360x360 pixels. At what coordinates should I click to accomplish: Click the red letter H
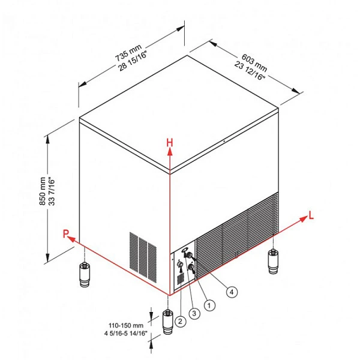click(x=169, y=143)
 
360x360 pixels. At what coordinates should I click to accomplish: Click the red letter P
click(x=65, y=234)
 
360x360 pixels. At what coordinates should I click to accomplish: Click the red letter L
click(x=311, y=215)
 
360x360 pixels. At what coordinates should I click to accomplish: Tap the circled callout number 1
click(x=209, y=305)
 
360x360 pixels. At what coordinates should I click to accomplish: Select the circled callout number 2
click(x=181, y=321)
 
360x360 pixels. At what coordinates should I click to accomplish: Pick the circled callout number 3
click(x=194, y=313)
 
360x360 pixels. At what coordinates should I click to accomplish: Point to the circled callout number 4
click(x=232, y=292)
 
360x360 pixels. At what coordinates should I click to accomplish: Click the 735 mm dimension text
click(x=128, y=53)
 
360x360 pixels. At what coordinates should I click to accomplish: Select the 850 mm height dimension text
click(x=43, y=191)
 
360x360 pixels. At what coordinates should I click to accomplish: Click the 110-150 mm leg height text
click(x=126, y=325)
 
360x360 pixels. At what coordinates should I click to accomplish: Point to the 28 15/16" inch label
click(x=133, y=61)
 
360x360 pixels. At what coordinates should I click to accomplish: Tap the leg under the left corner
click(x=85, y=274)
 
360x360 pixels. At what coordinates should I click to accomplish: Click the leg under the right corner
click(x=273, y=262)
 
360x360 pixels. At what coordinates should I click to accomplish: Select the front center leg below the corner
click(x=168, y=322)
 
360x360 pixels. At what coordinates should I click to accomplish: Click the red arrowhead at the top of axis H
click(x=170, y=152)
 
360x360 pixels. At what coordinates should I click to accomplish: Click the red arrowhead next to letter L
click(x=304, y=219)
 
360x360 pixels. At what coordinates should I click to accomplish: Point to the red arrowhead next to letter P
click(x=72, y=239)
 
